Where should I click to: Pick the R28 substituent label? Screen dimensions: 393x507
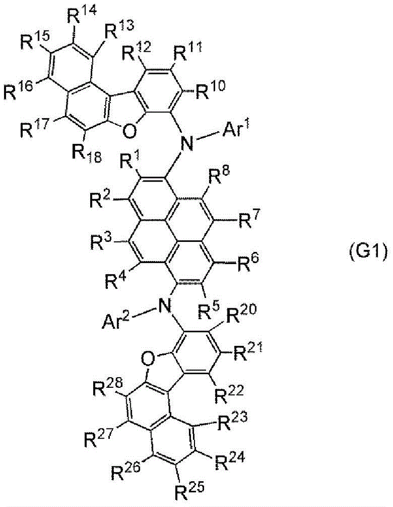[x=107, y=387]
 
